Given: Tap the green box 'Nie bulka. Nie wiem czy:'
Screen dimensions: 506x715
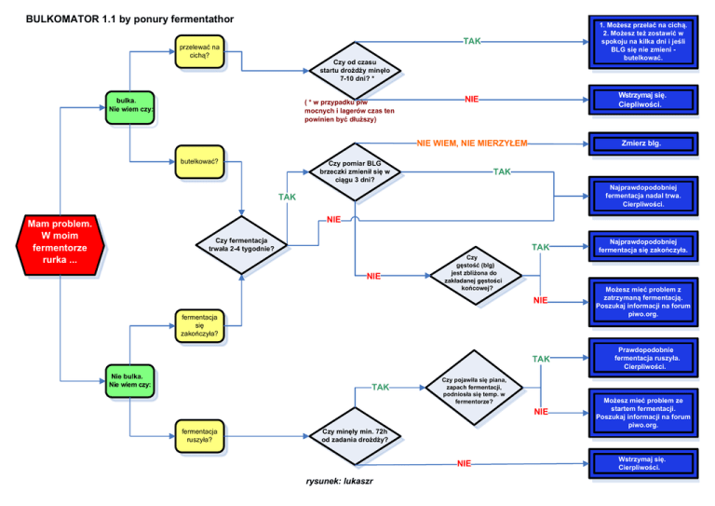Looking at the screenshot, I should pos(129,379).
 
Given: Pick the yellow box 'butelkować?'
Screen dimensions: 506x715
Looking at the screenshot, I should pos(200,161).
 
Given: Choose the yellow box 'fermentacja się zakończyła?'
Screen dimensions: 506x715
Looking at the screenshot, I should pos(200,324).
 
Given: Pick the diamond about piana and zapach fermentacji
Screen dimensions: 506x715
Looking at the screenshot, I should pos(474,385).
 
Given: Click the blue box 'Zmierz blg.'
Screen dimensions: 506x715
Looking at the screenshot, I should pos(641,144).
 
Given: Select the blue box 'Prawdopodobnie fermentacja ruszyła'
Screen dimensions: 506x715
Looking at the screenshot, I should pos(641,358).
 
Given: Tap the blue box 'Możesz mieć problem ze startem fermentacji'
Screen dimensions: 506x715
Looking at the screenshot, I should pos(641,412).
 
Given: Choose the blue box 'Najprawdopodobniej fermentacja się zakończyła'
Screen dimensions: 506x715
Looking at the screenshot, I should pos(641,246).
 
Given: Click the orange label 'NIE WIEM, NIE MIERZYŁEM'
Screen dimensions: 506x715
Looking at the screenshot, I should pos(472,144).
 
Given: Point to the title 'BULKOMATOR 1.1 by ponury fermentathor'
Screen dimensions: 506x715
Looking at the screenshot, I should pos(129,19).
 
